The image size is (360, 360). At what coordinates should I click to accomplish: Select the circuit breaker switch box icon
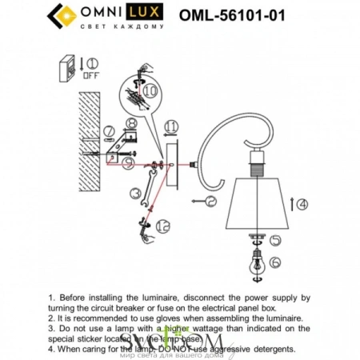pos(70,66)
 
